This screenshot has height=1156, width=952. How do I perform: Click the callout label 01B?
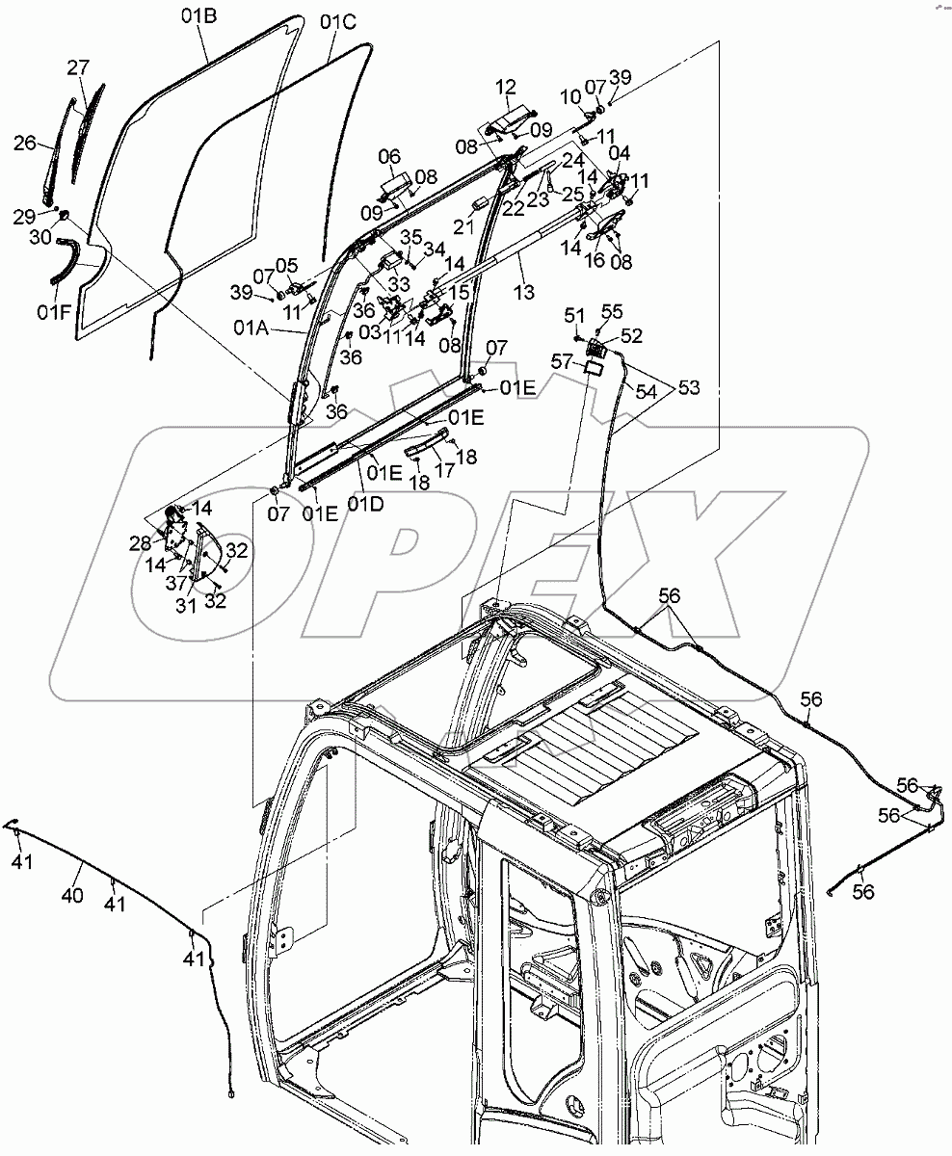(199, 15)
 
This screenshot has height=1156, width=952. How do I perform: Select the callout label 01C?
(338, 20)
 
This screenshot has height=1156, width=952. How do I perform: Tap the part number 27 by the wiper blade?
(78, 67)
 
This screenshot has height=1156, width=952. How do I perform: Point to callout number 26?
(25, 143)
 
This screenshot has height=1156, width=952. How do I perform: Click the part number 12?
(507, 89)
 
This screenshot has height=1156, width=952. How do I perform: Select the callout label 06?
(388, 156)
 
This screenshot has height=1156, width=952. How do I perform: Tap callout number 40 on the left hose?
(72, 896)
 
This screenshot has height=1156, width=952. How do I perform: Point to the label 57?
(562, 360)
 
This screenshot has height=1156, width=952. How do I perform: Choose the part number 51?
(574, 316)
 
